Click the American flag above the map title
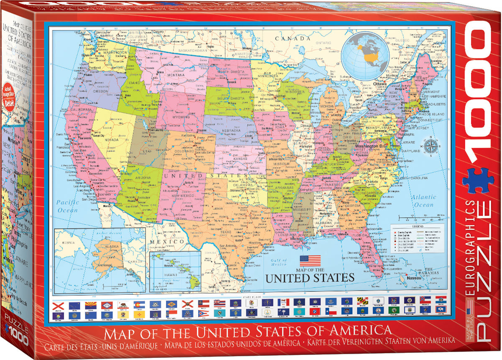coord(310,261)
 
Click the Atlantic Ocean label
coord(423,201)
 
